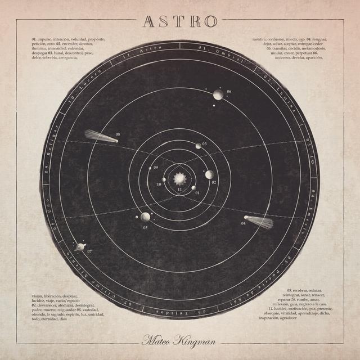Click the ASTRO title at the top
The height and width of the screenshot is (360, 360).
(179, 21)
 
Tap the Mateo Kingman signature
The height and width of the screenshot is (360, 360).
(179, 340)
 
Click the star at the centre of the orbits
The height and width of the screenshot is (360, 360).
(179, 179)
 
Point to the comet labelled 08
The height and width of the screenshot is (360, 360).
(100, 136)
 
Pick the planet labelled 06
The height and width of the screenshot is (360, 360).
(218, 94)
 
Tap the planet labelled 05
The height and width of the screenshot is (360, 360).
(145, 217)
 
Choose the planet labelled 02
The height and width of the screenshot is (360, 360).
(209, 175)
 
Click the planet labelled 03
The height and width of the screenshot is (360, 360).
(198, 146)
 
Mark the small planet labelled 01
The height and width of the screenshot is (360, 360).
(193, 188)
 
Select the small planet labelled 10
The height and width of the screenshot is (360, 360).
(164, 179)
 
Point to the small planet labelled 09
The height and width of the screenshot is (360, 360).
(150, 168)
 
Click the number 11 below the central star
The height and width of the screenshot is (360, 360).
(179, 191)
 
